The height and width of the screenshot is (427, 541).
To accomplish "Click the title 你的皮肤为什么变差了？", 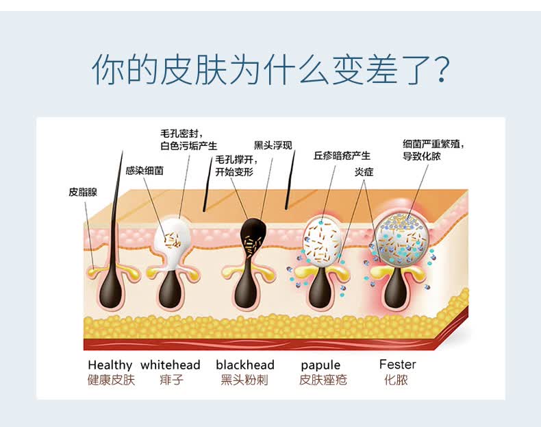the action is (270, 69).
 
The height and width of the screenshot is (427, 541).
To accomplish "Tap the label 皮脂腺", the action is (83, 192).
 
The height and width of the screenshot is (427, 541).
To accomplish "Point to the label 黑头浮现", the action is (273, 145).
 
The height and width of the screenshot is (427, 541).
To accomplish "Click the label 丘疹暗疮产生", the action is (342, 156).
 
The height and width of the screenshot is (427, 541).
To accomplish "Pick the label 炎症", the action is (364, 172).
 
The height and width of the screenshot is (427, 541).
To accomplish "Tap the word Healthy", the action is (110, 365).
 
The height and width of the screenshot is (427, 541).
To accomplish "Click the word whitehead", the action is (171, 365).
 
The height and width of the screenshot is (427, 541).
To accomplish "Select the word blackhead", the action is (244, 365).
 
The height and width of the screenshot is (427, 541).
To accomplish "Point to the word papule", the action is (320, 365).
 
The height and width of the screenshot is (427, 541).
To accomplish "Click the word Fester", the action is (398, 364).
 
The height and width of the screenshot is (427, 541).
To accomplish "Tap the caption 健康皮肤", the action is (111, 380).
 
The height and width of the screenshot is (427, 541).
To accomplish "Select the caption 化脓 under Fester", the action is (397, 380).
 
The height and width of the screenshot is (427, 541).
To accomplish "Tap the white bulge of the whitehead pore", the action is (172, 237).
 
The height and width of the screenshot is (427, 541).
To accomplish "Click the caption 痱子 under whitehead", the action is (171, 380).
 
